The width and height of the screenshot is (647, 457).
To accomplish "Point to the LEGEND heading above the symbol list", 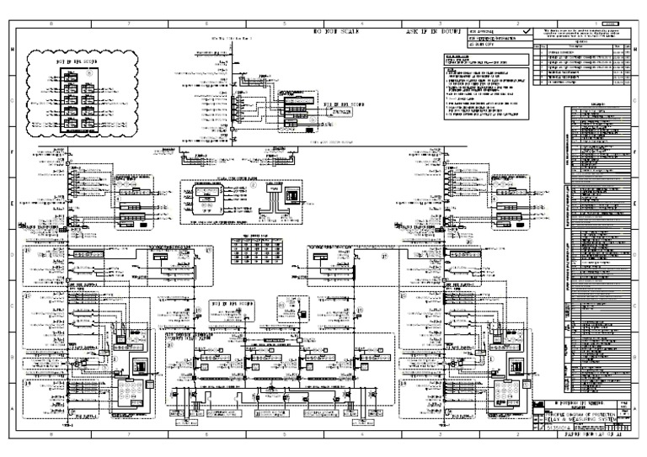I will point(598,107).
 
